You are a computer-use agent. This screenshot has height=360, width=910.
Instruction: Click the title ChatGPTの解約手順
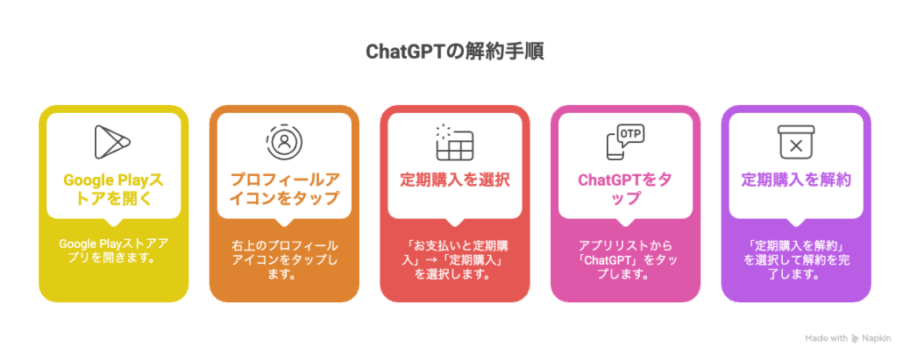pos(454,52)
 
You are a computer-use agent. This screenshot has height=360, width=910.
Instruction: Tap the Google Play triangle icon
pos(113,141)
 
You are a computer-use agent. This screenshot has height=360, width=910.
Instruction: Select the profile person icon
pos(283,142)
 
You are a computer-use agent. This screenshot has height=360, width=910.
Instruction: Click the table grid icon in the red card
pos(454,142)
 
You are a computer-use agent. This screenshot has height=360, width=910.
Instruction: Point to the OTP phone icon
pos(625,142)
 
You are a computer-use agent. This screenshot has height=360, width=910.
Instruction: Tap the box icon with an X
pos(795,142)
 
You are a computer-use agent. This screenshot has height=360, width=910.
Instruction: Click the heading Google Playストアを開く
pos(113,189)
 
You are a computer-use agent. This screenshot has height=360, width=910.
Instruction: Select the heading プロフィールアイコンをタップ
pos(284,189)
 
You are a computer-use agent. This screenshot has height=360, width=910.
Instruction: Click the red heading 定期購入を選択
pos(455,180)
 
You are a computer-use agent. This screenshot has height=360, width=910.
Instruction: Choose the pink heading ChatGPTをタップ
pos(625,189)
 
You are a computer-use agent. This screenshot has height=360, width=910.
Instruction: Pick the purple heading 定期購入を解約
pos(796,180)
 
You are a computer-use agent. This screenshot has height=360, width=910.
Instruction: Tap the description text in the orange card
pos(284,260)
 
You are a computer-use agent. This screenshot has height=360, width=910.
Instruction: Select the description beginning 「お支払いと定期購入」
pos(455,260)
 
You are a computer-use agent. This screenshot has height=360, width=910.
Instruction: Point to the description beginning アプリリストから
pos(625,260)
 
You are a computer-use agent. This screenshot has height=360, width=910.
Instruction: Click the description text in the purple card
pos(796,260)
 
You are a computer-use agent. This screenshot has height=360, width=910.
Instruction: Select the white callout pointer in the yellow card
pos(113,222)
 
